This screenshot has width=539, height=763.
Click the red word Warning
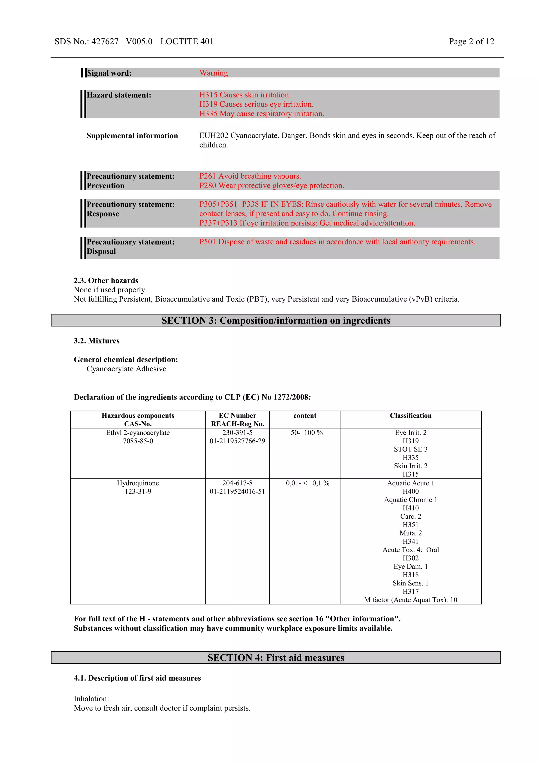[x=213, y=73]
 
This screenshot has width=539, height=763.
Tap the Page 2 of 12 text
[x=471, y=42]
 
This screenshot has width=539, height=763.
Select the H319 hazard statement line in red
[x=256, y=104]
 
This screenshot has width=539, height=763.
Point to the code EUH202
[x=213, y=136]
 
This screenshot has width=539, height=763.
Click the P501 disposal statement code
[x=208, y=242]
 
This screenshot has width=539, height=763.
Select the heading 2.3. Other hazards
[x=106, y=280]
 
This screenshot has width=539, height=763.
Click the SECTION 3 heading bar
[x=276, y=320]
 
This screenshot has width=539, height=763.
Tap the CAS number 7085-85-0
[x=138, y=441]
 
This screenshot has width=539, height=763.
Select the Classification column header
[x=411, y=416]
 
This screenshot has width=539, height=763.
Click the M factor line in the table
[x=411, y=600]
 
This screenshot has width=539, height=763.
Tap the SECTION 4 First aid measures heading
[x=276, y=658]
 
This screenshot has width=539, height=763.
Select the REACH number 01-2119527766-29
[x=237, y=441]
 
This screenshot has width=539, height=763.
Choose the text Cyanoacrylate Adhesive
[x=126, y=369]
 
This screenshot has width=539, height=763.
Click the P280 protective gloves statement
[x=271, y=186]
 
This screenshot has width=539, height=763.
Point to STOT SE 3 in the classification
[x=411, y=449]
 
